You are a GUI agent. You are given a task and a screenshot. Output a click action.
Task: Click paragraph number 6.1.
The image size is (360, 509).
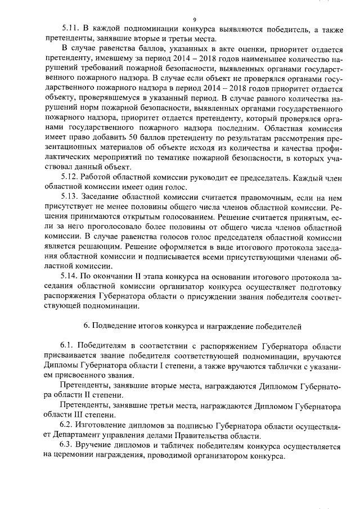pos(67,345)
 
